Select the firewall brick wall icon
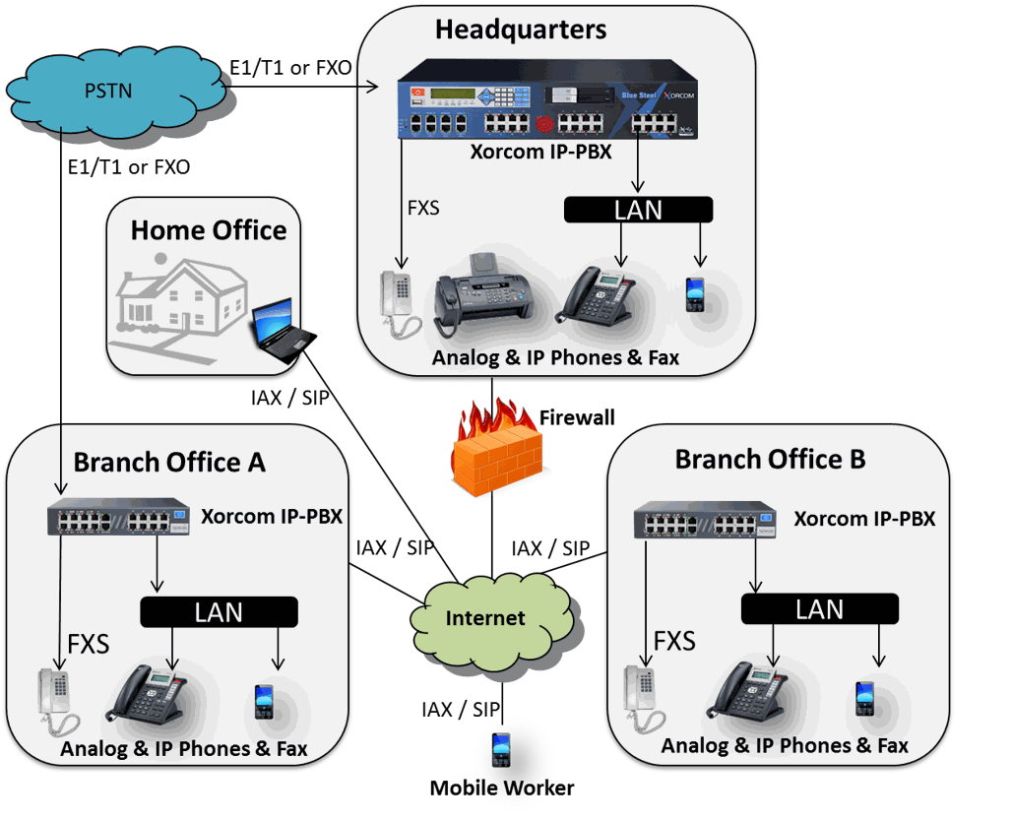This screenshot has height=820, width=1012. click(497, 448)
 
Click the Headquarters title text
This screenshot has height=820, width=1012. click(521, 30)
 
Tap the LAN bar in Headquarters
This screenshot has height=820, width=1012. click(638, 210)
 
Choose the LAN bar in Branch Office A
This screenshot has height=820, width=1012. click(219, 612)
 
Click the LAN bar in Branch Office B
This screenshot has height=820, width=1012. click(819, 609)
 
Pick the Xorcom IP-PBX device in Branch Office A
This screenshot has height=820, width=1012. click(119, 520)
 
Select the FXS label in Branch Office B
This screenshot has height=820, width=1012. click(674, 642)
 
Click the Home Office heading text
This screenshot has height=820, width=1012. click(209, 230)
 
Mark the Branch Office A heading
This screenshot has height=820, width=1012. click(169, 462)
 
